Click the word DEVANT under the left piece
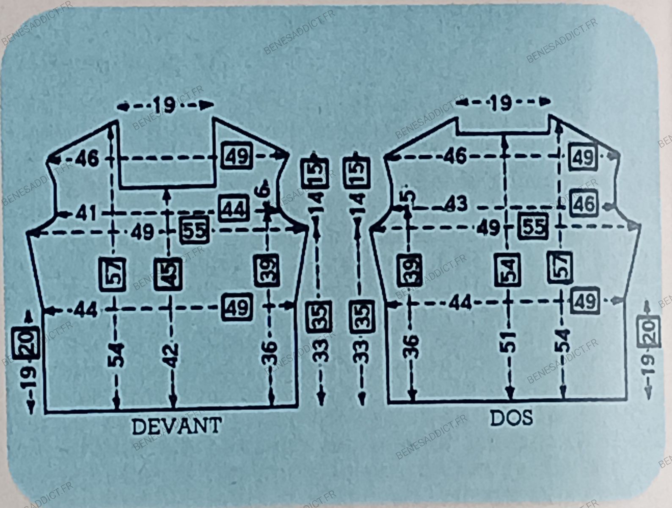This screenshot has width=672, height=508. pos(176,426)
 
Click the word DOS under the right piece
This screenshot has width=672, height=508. pos(511,418)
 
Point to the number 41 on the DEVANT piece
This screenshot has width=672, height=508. pos(87,213)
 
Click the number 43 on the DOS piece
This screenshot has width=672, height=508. pos(456,204)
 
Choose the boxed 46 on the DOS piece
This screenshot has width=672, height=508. pos(584,204)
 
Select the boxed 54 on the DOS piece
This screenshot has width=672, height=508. pos(508,270)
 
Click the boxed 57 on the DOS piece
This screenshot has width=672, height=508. pos(560,267)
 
